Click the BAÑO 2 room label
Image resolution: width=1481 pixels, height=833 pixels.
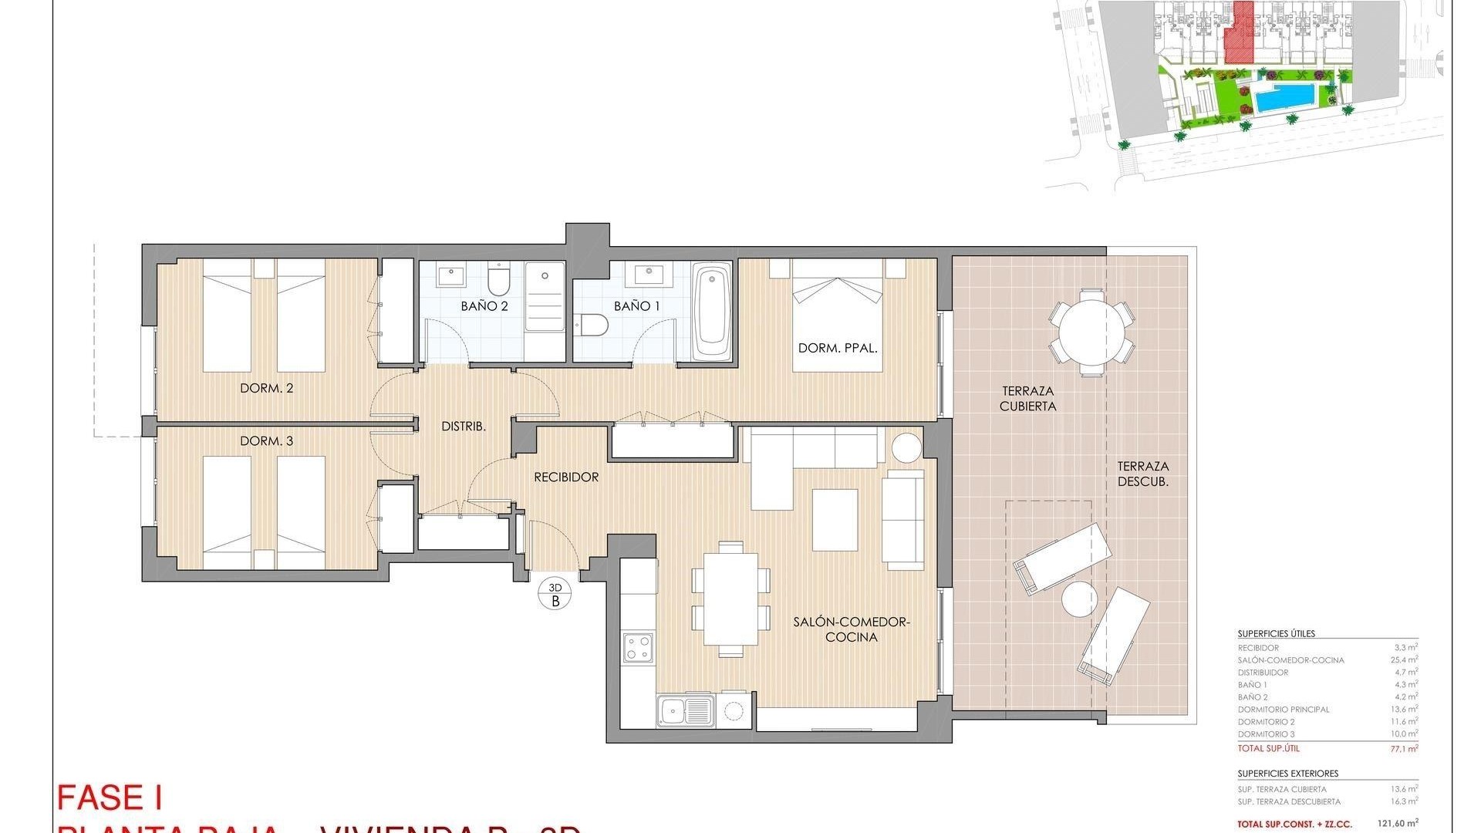484,306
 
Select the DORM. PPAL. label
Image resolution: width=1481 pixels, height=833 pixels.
838,349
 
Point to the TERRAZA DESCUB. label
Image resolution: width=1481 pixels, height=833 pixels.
1143,474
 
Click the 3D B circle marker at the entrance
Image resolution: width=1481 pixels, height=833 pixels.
555,594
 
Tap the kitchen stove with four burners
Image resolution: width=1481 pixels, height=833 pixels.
639,647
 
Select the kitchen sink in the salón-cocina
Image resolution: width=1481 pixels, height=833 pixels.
685,710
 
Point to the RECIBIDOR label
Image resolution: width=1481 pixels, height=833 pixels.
566,477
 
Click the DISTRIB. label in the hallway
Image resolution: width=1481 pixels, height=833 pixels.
463,426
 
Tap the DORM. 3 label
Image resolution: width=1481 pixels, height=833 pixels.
266,441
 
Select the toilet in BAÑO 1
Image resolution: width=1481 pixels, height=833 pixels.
593,325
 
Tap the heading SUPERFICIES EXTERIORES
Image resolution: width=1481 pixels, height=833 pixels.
1287,774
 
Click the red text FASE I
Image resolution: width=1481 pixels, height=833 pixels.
110,798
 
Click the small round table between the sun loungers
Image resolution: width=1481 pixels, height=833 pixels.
1078,599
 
